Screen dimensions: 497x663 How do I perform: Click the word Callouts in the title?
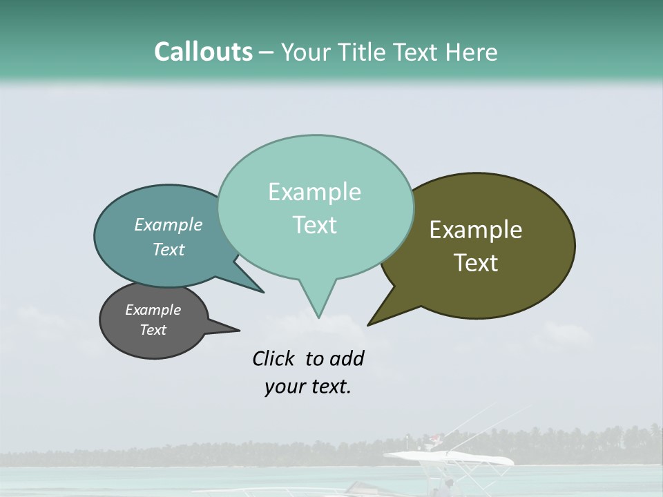[x=203, y=52]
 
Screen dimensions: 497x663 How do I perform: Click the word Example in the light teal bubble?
[x=314, y=192]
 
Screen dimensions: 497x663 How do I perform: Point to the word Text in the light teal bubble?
[x=314, y=225]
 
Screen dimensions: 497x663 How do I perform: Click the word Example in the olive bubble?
[x=476, y=230]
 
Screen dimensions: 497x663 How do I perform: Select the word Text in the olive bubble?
[x=476, y=263]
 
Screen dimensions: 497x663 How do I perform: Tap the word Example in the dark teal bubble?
[x=169, y=224]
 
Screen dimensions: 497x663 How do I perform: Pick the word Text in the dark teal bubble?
[x=169, y=249]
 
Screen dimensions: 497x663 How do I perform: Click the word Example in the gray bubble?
[x=153, y=310]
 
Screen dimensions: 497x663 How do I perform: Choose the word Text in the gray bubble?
[x=153, y=330]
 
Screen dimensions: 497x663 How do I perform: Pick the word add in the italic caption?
[x=347, y=358]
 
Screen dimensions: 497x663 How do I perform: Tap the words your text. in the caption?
[x=307, y=387]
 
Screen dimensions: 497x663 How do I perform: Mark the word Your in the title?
[x=306, y=52]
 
